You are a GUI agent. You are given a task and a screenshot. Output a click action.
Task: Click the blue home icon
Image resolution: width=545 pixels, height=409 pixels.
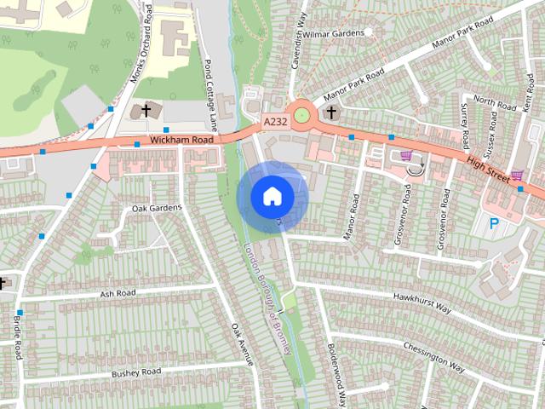[x=272, y=196]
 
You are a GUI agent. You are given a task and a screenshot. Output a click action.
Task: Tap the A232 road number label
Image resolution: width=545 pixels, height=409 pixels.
[x=275, y=122]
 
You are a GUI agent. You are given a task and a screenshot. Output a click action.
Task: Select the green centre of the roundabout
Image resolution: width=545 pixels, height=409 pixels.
[x=301, y=112]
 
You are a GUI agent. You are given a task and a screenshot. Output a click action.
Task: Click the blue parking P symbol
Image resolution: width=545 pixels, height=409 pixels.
[x=494, y=224]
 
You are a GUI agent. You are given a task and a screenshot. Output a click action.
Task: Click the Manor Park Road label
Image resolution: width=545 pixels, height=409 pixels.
[x=456, y=41]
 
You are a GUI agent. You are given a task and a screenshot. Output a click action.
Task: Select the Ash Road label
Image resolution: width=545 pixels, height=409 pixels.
[x=118, y=293]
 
